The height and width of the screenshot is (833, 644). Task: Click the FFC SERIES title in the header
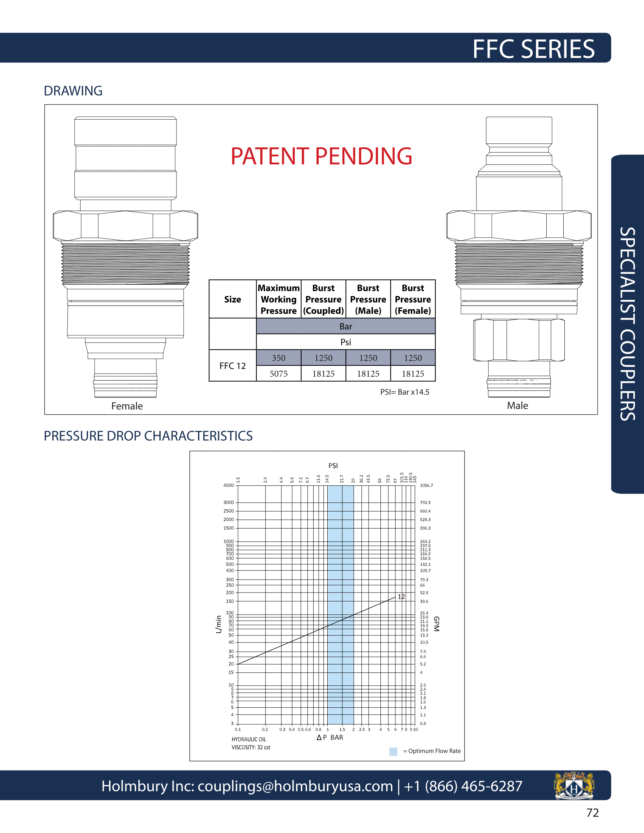533,49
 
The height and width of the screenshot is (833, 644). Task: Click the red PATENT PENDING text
321,156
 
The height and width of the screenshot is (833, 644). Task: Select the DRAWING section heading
73,91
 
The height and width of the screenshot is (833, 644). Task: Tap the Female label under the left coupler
127,406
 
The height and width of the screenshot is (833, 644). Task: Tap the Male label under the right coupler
517,406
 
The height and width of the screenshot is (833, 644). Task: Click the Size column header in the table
232,300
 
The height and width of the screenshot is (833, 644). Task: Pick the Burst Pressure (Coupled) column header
323,300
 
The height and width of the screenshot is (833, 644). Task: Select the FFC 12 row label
232,366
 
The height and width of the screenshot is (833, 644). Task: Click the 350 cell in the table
278,358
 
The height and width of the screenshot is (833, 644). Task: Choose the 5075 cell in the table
278,374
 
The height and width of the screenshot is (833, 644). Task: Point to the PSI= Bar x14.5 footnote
405,392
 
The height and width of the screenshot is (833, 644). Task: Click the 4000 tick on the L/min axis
228,485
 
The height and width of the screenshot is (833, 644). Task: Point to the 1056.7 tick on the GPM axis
426,485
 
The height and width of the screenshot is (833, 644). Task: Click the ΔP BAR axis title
330,737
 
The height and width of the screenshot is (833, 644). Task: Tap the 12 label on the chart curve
401,596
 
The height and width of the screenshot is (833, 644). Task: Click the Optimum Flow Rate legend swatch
393,751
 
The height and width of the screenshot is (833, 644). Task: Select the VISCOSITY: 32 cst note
251,747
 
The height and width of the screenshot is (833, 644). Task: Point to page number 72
592,813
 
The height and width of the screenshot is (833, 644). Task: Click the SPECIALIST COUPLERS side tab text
628,324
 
